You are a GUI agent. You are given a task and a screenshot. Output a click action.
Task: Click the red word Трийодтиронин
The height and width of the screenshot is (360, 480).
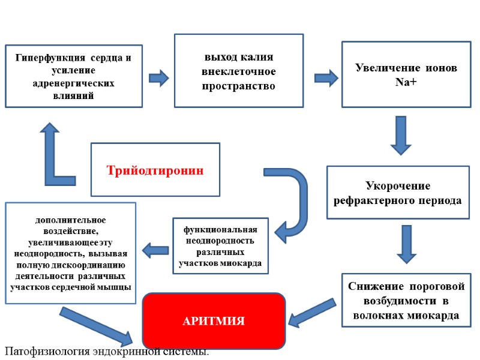click(x=155, y=170)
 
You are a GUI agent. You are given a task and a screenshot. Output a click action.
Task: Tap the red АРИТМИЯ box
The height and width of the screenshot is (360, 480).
click(x=213, y=321)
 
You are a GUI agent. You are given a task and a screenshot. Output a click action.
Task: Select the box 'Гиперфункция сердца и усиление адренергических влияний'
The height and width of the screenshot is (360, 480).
click(x=74, y=76)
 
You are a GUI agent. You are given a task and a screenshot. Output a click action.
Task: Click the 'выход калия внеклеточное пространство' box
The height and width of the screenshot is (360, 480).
click(x=238, y=71)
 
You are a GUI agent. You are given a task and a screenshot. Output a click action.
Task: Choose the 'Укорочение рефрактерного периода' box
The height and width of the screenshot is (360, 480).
click(x=398, y=192)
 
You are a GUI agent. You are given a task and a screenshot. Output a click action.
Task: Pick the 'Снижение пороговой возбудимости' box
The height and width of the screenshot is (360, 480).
click(x=406, y=300)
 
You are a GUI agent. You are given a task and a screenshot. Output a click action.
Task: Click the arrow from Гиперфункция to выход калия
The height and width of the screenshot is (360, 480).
click(x=158, y=77)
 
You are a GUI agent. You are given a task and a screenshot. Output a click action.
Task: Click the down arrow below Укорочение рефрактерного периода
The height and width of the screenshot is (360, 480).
click(x=406, y=244)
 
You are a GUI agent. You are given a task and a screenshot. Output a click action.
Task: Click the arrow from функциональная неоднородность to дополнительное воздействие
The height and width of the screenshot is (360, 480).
click(x=155, y=248)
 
